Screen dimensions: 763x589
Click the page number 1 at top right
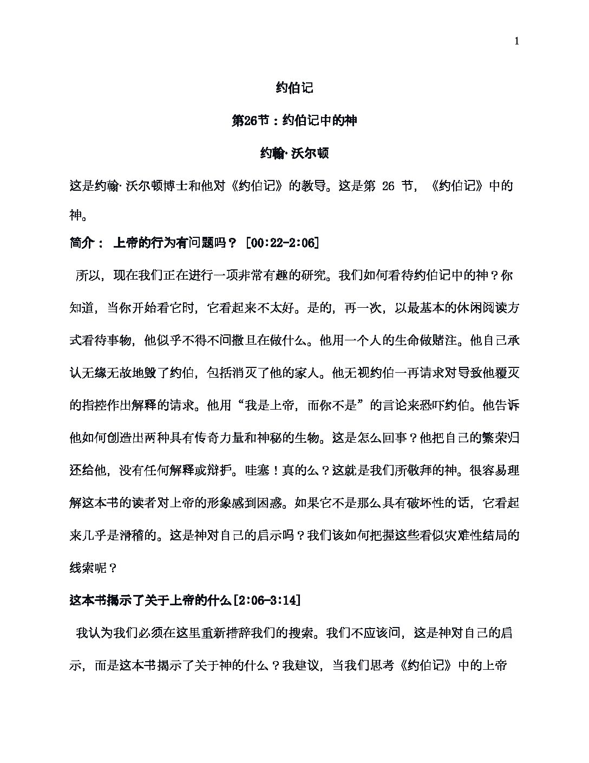point(517,42)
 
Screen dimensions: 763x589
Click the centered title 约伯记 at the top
point(294,88)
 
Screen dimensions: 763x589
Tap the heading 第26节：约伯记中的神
point(294,121)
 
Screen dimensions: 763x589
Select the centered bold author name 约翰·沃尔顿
point(294,154)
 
